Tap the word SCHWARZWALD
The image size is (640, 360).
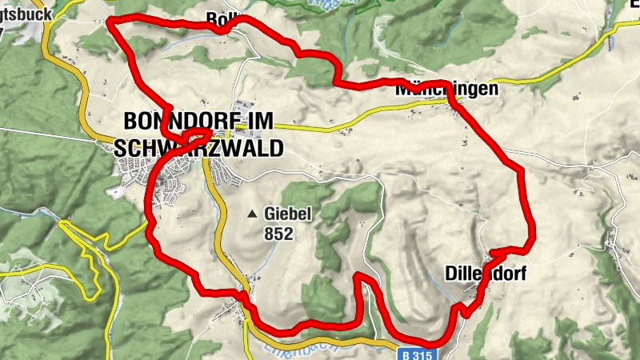[199, 149]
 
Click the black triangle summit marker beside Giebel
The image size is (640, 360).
[253, 214]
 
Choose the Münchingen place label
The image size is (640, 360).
[446, 90]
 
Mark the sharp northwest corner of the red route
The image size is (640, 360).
[109, 18]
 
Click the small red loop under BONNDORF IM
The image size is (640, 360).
[190, 138]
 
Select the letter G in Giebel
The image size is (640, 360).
[270, 214]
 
